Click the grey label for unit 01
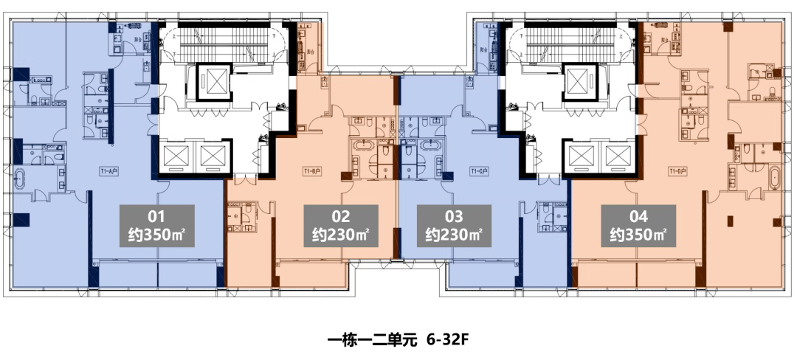[x=156, y=227]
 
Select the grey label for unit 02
[x=341, y=227]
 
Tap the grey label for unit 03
[x=454, y=227]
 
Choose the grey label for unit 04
[x=638, y=227]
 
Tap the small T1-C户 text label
[x=481, y=171]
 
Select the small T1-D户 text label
[x=677, y=171]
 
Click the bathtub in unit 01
[x=22, y=179]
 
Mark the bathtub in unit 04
[x=773, y=179]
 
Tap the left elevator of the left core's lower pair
[x=179, y=156]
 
